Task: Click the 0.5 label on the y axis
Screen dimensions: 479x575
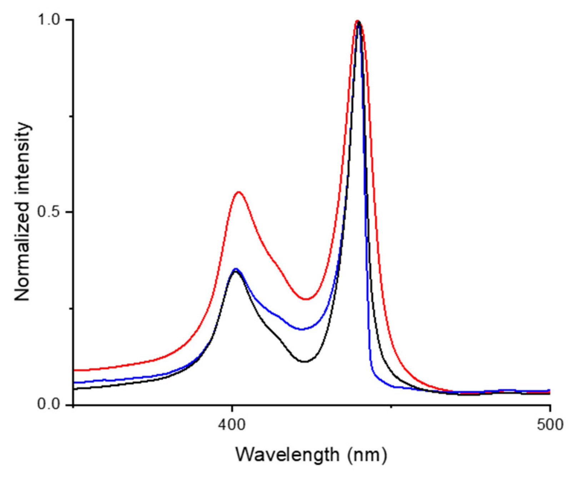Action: coord(50,213)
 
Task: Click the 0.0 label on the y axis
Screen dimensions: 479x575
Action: coord(50,405)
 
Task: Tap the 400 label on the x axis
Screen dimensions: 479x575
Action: coord(232,425)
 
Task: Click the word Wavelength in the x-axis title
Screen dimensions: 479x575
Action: coord(287,455)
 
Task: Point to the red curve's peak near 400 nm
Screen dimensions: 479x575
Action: coord(239,192)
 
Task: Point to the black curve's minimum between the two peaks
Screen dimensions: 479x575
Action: coord(304,362)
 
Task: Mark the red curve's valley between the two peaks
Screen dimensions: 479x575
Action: coord(306,299)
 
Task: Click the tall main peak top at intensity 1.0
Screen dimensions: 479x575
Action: coord(358,21)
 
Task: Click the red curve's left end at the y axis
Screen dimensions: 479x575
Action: coord(74,370)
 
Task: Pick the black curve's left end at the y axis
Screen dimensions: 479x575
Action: coord(74,389)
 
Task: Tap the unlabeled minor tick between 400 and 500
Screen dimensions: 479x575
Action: coord(391,407)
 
